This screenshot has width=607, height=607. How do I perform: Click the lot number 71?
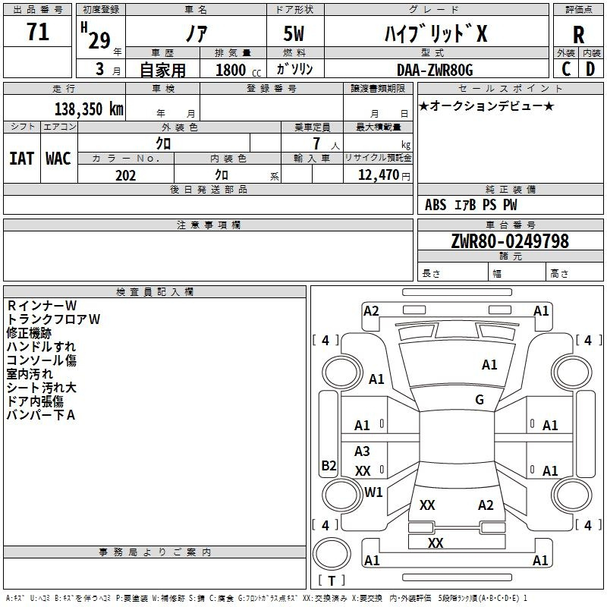coord(38,32)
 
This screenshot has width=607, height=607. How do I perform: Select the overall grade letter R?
coord(578,35)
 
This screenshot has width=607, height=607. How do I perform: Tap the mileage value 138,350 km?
coord(89,109)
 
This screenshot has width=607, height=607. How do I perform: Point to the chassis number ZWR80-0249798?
coord(510,241)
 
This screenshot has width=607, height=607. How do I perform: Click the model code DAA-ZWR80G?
coord(435,70)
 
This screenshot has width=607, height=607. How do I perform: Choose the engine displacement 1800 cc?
coord(238,70)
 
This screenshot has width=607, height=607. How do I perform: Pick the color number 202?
coord(125,175)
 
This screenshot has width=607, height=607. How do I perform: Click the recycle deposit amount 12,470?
coord(379,175)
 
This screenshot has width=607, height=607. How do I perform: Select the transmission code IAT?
coord(21,159)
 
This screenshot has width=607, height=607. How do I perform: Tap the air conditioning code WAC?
coord(58,159)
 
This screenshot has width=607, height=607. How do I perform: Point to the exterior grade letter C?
coord(566,69)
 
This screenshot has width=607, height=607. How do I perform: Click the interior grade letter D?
coord(590,69)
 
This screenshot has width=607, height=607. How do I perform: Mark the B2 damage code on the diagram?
coord(329,465)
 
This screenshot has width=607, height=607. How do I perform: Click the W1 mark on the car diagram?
coord(373,492)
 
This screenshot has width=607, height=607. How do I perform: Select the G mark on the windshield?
coord(480,399)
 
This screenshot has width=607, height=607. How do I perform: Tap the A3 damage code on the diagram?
coord(362,451)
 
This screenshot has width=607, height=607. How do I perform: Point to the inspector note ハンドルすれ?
coord(41,347)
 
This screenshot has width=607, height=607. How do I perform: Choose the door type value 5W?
coord(294,33)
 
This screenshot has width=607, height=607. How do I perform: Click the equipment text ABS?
coord(436,205)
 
